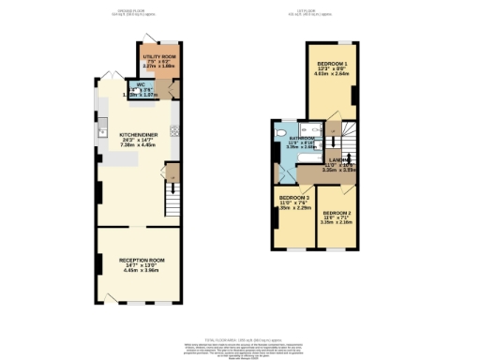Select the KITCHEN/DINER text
[137, 135]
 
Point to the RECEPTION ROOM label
[142, 259]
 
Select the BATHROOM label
[302, 137]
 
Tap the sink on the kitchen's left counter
[100, 132]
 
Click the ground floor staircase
[172, 197]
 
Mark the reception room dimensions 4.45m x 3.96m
[142, 271]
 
